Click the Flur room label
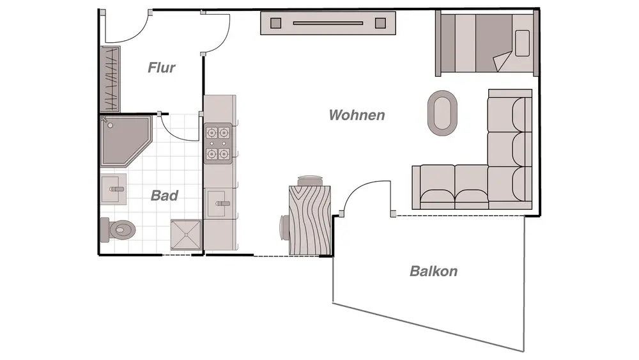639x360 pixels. tap(161, 67)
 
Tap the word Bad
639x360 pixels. tap(164, 196)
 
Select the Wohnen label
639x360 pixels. tap(357, 115)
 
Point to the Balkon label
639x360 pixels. tap(433, 271)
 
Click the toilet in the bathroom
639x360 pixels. tap(119, 228)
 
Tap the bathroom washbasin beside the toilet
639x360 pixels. tap(114, 189)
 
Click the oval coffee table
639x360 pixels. tap(442, 113)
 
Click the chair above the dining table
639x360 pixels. tap(310, 180)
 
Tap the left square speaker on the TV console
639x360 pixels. tap(276, 24)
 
